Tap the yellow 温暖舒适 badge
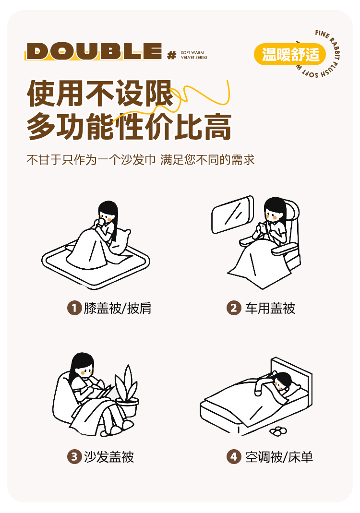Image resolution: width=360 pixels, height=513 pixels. [x=289, y=54]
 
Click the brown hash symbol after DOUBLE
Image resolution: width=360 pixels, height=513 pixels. [x=171, y=55]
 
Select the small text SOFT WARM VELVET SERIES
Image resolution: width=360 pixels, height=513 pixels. [x=194, y=55]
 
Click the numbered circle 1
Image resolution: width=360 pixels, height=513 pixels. [x=74, y=308]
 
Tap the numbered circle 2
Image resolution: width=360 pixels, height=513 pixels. [x=234, y=308]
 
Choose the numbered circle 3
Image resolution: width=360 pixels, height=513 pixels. [x=74, y=457]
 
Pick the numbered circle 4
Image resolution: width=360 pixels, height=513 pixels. [x=234, y=457]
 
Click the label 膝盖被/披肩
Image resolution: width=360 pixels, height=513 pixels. [x=117, y=308]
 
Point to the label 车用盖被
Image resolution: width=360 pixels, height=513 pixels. [x=270, y=308]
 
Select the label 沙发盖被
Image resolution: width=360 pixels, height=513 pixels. [x=109, y=457]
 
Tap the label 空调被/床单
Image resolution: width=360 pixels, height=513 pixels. [x=279, y=457]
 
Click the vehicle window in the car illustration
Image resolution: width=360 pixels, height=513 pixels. [x=232, y=215]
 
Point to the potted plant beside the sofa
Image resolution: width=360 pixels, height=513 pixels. [x=127, y=392]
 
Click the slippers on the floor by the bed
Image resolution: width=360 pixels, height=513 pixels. [x=278, y=431]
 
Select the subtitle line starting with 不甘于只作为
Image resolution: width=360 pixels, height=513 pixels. [x=141, y=160]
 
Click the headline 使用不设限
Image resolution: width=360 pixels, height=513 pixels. [x=100, y=94]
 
